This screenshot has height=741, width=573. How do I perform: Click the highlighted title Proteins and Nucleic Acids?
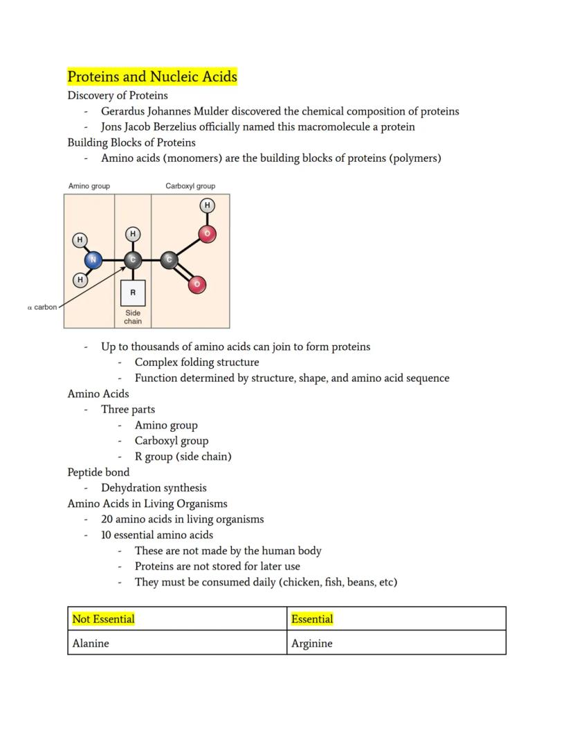[x=152, y=77]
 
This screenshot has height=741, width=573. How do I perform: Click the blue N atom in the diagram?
[x=93, y=260]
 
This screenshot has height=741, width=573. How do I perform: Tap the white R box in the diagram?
[x=133, y=293]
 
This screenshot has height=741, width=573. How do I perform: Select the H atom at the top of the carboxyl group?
[x=207, y=205]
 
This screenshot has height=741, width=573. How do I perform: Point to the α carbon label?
[x=42, y=307]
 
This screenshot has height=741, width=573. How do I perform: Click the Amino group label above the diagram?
[x=89, y=186]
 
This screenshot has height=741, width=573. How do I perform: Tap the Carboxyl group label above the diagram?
[x=190, y=186]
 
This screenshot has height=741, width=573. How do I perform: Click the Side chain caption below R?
[x=133, y=317]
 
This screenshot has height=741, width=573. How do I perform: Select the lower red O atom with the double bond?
[x=197, y=284]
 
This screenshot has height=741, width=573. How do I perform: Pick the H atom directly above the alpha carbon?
[x=133, y=234]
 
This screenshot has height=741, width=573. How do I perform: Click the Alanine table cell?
[x=91, y=643]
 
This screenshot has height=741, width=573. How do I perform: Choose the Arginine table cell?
[x=311, y=643]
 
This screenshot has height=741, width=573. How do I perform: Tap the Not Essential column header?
[x=103, y=619]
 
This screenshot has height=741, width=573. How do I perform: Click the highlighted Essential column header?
[x=312, y=619]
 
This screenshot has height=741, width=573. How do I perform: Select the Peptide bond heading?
[x=98, y=472]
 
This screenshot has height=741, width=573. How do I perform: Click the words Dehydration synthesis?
[x=154, y=488]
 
